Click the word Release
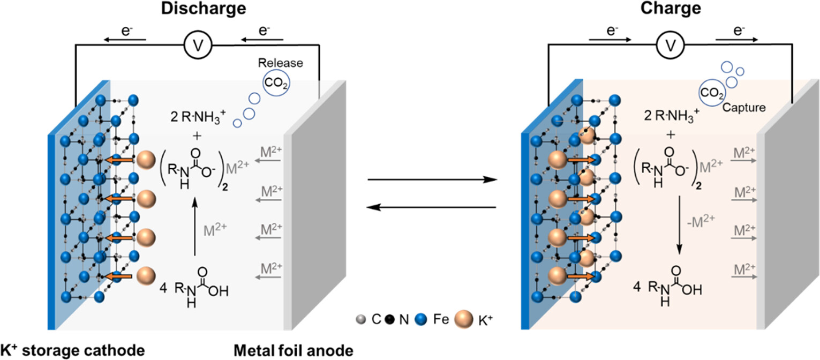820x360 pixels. [281, 63]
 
